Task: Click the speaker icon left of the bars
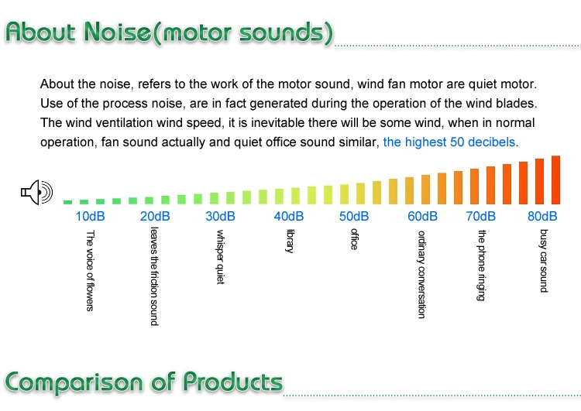[36, 192]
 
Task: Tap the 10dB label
[90, 216]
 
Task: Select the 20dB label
[155, 216]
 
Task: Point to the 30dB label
[220, 216]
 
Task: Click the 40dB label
[289, 216]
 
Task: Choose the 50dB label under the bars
[354, 216]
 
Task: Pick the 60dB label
[422, 216]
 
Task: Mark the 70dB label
[480, 216]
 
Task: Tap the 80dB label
[542, 216]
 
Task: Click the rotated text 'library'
[290, 241]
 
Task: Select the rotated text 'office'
[354, 239]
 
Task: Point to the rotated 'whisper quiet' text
[220, 257]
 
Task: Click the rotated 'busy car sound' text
[543, 261]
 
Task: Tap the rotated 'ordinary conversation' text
[421, 274]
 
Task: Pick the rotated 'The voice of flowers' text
[90, 271]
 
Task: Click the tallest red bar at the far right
[555, 180]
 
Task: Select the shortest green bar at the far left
[68, 202]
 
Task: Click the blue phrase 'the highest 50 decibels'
[449, 142]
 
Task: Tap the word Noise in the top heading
[118, 33]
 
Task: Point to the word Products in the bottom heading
[233, 382]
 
